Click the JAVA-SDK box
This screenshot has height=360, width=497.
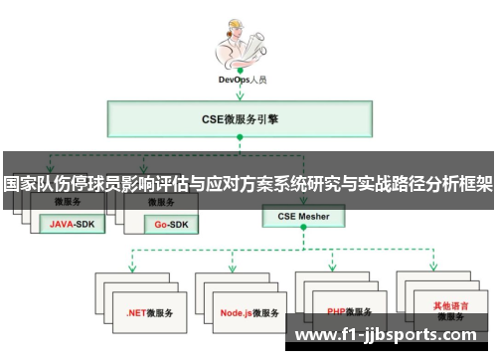pos(73,223)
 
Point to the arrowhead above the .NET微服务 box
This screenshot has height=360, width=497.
pos(131,269)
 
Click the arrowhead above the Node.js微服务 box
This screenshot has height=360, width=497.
pos(232,269)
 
